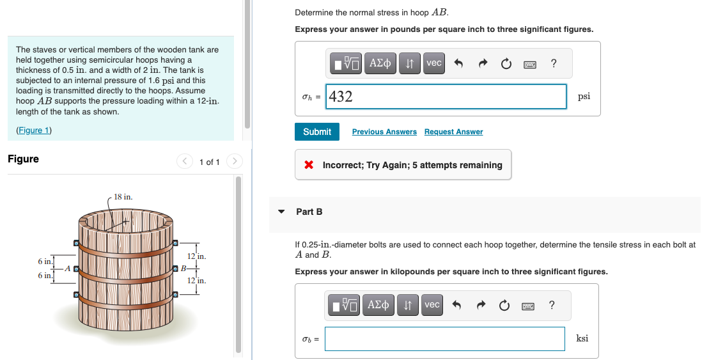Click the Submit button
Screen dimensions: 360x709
point(317,132)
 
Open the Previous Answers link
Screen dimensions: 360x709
point(384,132)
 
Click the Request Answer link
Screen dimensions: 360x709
point(453,132)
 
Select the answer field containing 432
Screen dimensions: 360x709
point(446,97)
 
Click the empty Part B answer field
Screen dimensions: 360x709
point(444,339)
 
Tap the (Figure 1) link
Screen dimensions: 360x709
point(34,130)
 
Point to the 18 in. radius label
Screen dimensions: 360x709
point(123,197)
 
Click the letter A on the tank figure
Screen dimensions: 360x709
point(66,269)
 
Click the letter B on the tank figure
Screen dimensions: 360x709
point(183,268)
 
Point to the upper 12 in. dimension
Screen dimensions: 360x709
point(196,256)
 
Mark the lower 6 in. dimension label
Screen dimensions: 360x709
point(45,276)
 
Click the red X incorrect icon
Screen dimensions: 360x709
point(309,165)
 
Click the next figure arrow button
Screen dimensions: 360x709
point(235,162)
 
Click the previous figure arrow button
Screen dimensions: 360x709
point(185,162)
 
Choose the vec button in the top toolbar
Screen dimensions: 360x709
point(434,63)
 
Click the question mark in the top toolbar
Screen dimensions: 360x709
point(553,63)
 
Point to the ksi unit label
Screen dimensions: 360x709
point(582,338)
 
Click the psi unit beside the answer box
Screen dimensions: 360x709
point(584,97)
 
